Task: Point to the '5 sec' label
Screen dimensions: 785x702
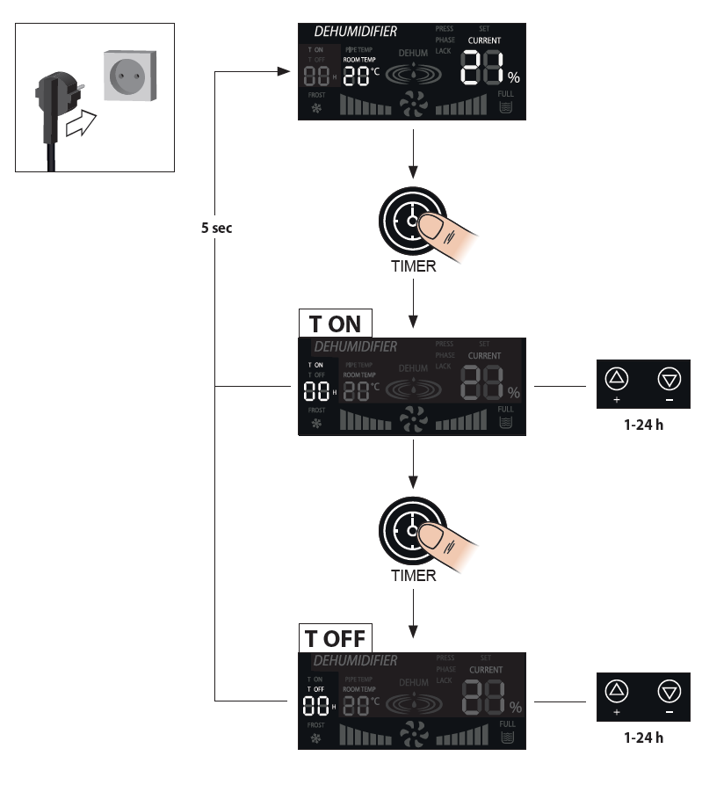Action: tap(216, 227)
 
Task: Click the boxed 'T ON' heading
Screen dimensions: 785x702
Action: tap(335, 323)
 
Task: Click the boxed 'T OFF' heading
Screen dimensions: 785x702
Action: tap(335, 636)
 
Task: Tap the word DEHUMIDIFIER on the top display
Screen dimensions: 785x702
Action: tap(356, 32)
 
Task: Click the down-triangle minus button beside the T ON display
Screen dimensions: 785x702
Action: tap(670, 380)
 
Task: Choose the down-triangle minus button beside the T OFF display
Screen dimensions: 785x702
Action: tap(670, 694)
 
